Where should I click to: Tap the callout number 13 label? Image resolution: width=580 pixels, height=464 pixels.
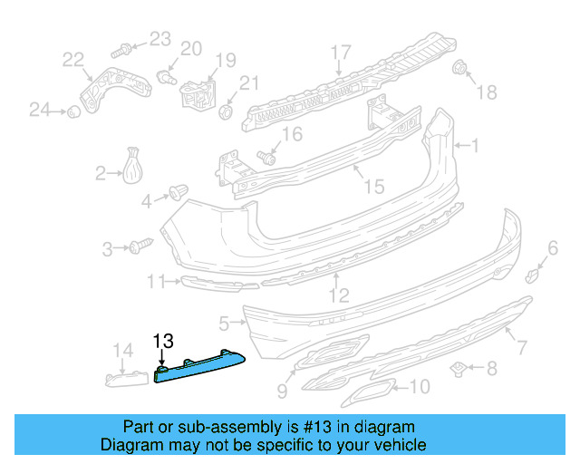(x=162, y=342)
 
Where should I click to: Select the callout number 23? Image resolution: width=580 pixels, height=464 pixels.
(x=159, y=38)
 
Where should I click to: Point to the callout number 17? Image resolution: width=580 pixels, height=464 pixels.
(x=340, y=51)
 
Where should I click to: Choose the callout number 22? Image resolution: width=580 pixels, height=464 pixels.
(x=72, y=61)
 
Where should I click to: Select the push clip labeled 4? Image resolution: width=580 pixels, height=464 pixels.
(x=179, y=193)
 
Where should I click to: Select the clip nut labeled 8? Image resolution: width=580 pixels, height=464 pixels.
(x=459, y=367)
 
